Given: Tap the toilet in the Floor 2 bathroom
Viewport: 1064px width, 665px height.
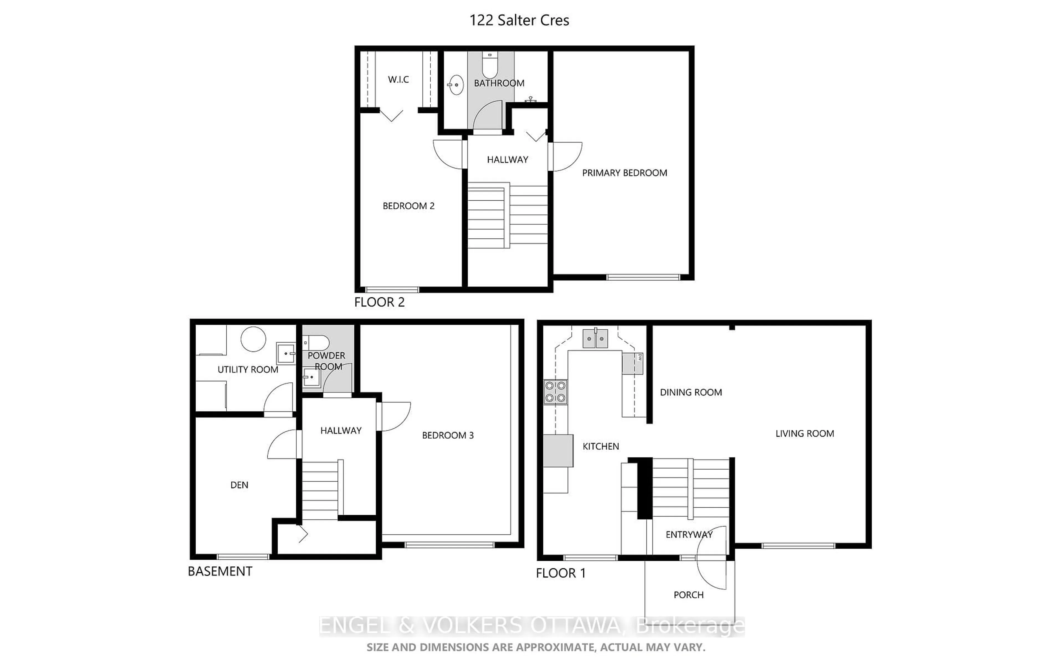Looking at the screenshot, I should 489,65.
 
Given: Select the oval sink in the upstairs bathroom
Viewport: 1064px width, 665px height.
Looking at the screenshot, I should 456,85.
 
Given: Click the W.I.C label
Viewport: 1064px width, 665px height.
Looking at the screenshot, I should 398,80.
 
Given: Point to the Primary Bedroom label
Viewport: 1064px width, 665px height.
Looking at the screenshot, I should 624,173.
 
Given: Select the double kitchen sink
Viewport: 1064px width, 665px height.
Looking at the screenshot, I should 595,339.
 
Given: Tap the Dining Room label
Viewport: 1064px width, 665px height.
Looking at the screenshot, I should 691,392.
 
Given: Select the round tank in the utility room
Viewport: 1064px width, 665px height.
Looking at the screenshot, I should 253,339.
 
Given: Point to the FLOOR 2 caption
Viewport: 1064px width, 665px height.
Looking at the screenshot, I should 379,302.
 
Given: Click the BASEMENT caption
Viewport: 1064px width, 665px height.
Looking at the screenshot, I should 220,571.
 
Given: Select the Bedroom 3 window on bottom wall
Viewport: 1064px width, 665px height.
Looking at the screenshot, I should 449,545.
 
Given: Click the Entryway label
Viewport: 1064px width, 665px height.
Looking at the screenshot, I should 689,535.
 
